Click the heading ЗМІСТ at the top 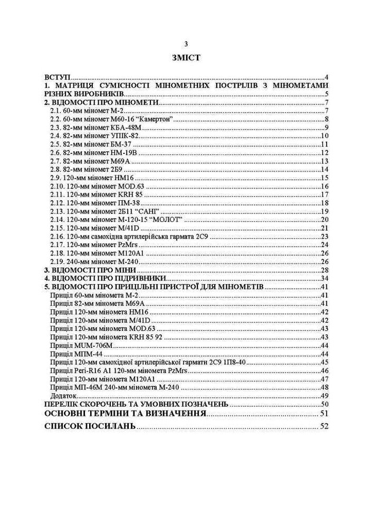pyautogui.click(x=186, y=56)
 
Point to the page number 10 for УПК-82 pyautogui.click(x=325, y=136)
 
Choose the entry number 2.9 pyautogui.click(x=56, y=178)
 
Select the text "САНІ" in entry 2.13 pyautogui.click(x=158, y=211)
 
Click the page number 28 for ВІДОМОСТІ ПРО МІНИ pyautogui.click(x=325, y=270)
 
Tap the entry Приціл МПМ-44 pyautogui.click(x=77, y=354)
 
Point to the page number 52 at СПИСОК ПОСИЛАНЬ pyautogui.click(x=324, y=426)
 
